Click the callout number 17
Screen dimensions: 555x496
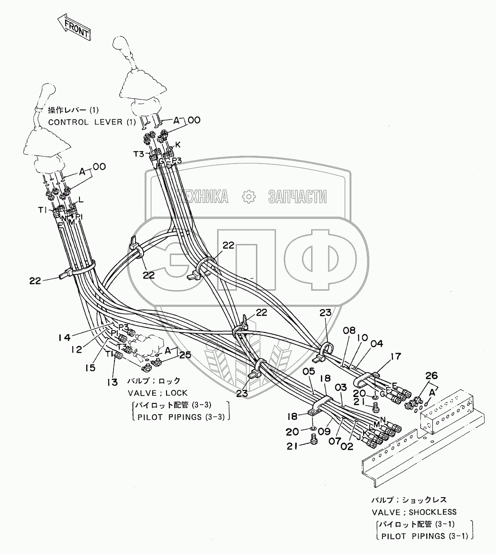(383, 357)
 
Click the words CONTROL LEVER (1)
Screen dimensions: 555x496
(85, 122)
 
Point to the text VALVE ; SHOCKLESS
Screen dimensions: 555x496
(413, 511)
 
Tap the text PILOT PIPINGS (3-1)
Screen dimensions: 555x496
(423, 536)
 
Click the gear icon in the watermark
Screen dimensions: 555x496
(247, 196)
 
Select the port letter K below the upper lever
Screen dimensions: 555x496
(178, 145)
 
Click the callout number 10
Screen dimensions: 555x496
(363, 337)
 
